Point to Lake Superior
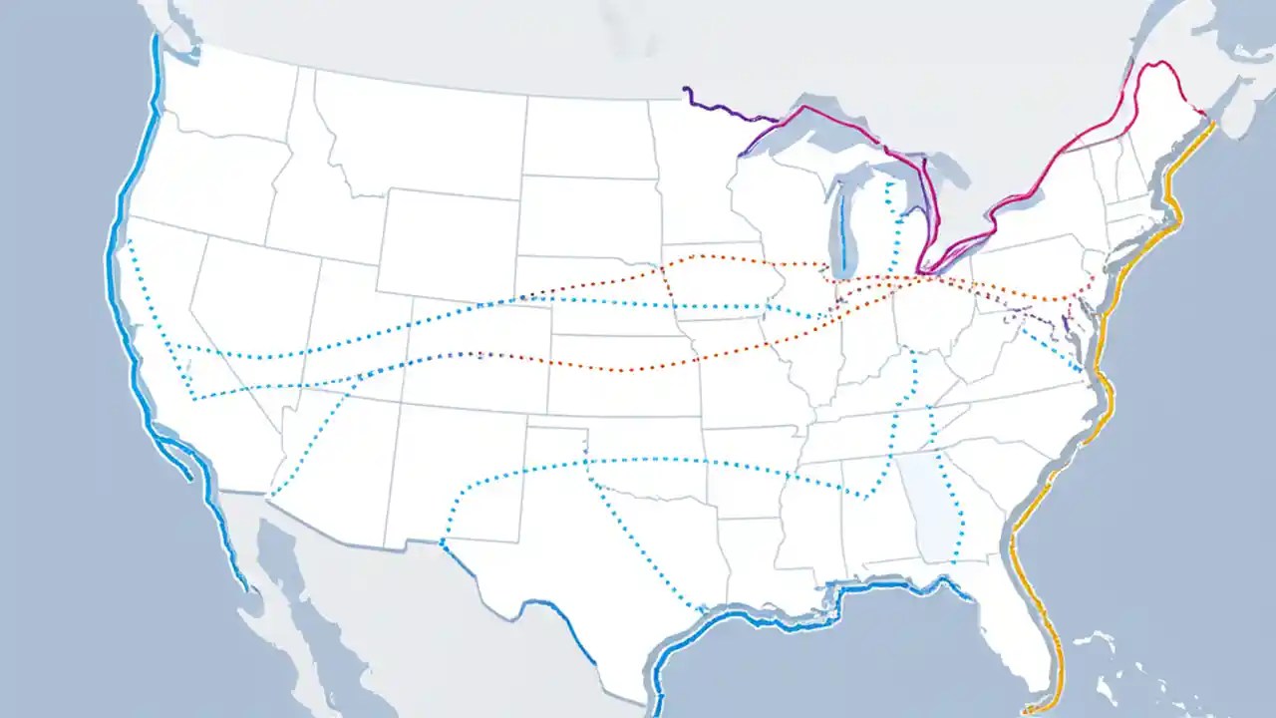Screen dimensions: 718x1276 (827, 130)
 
